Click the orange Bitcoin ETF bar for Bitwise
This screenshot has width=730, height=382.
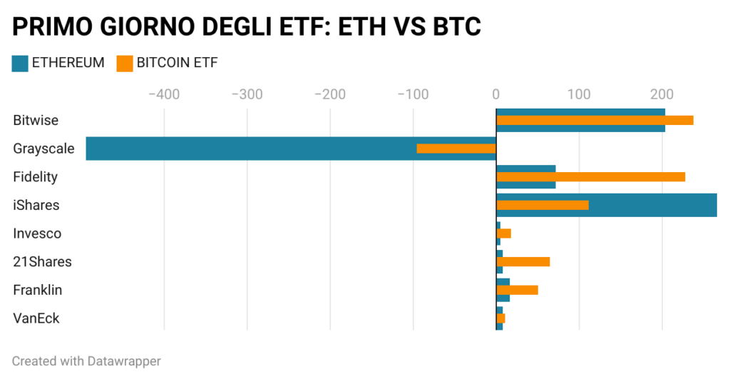pos(595,120)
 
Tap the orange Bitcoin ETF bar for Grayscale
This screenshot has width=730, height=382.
pos(456,149)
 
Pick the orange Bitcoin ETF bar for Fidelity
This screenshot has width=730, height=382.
pos(590,176)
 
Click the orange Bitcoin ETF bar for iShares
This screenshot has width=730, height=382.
pos(542,205)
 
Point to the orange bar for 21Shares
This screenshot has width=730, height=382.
pos(523,261)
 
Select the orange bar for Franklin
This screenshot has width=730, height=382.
pos(517,290)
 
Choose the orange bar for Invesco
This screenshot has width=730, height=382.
pos(503,233)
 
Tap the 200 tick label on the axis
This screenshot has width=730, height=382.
pos(662,94)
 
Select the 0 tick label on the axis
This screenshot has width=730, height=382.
pos(495,94)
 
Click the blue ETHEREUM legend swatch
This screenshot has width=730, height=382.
pos(19,63)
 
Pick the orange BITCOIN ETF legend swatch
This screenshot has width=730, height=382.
pos(124,63)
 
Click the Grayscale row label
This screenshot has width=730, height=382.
pos(43,149)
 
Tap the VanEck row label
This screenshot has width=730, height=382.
pos(36,318)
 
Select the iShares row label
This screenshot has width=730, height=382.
pos(36,205)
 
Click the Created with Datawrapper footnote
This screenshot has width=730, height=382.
pos(86,361)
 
